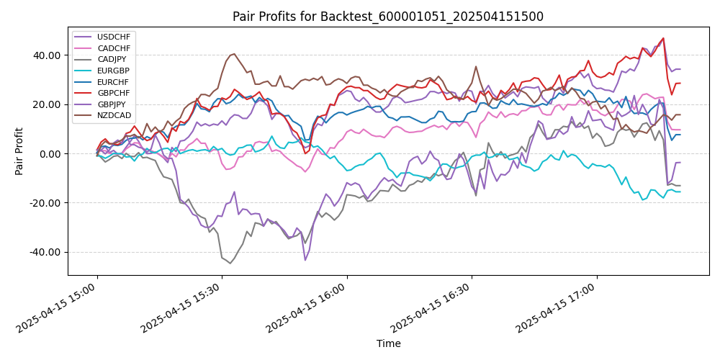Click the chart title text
click(388, 17)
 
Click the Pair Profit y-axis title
click(20, 151)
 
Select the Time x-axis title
click(388, 344)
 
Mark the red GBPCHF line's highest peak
click(663, 38)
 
